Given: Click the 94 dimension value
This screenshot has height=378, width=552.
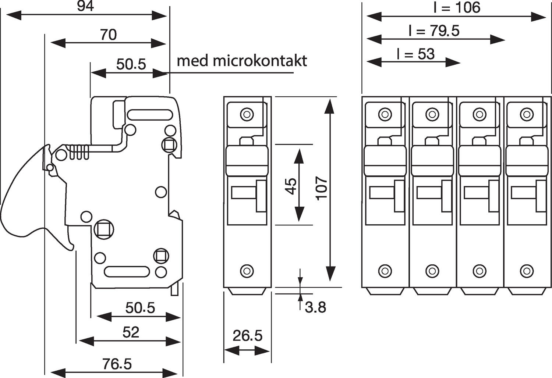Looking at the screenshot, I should [x=85, y=6].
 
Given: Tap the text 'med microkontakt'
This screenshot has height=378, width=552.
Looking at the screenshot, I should [x=242, y=61].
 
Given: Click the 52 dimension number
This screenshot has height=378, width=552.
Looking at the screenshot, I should [x=131, y=332].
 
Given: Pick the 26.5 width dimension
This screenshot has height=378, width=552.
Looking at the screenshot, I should [x=247, y=335].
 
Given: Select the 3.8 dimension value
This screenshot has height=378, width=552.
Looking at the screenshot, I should [x=315, y=307].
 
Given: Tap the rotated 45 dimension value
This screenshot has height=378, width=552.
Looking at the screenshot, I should [x=291, y=186].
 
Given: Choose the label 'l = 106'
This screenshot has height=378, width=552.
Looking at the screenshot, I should [x=456, y=7].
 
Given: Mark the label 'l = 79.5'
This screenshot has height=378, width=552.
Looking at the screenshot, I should [x=434, y=31].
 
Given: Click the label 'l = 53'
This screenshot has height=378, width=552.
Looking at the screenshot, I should [x=416, y=54].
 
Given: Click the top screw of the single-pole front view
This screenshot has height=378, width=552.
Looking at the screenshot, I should [x=247, y=114].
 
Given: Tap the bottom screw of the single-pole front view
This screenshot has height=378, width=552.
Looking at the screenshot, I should [x=247, y=271].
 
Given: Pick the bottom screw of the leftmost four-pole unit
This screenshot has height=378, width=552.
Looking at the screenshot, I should [x=385, y=271].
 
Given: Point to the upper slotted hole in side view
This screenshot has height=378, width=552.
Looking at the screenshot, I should [x=150, y=114].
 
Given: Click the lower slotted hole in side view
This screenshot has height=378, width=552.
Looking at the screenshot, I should [x=127, y=271].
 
